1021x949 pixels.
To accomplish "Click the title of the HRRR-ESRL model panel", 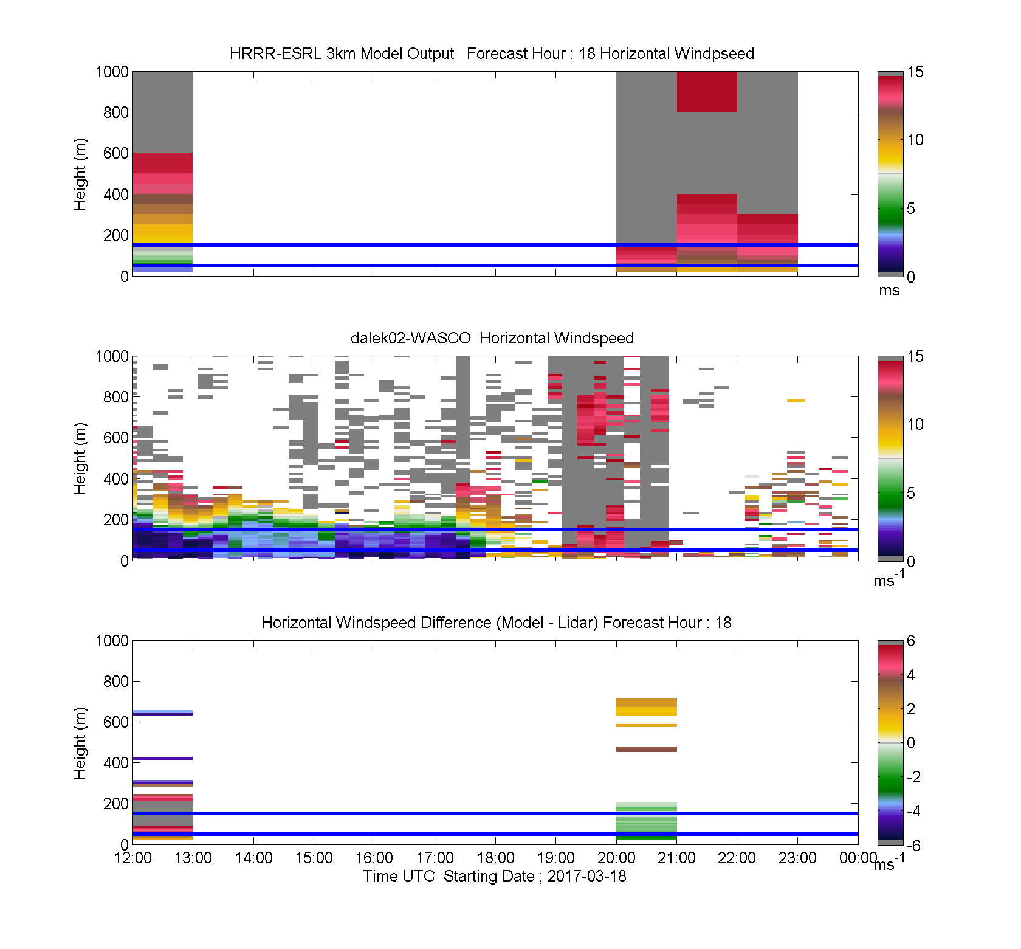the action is click(x=492, y=53).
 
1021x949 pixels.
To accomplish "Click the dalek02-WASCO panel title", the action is click(x=492, y=338).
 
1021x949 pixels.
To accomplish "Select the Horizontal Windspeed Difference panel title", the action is click(x=496, y=623).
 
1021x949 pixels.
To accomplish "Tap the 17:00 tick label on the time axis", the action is click(x=435, y=858).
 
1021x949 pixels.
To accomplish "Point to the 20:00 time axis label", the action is click(x=616, y=858).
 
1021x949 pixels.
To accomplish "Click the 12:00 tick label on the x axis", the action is click(x=133, y=858).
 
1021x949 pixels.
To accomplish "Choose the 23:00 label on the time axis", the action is click(x=797, y=858).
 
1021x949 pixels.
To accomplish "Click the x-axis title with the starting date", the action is click(x=495, y=876).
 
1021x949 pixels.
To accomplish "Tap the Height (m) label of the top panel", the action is click(x=80, y=174).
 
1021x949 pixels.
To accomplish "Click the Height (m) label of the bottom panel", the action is click(x=80, y=743).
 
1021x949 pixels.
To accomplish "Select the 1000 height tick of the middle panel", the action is click(x=112, y=356).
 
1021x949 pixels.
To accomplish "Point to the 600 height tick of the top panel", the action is click(x=116, y=153).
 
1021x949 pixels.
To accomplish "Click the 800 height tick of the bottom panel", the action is click(x=116, y=682).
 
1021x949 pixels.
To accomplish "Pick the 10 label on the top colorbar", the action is click(x=915, y=140).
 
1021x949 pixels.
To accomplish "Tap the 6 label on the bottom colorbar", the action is click(x=910, y=641).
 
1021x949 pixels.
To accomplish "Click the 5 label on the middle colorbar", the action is click(x=910, y=493).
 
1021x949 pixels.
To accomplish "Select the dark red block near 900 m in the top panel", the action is click(x=707, y=92).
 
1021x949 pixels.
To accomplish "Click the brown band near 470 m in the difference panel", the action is click(x=647, y=750).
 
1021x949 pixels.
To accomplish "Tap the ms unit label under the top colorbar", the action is click(x=889, y=291).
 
